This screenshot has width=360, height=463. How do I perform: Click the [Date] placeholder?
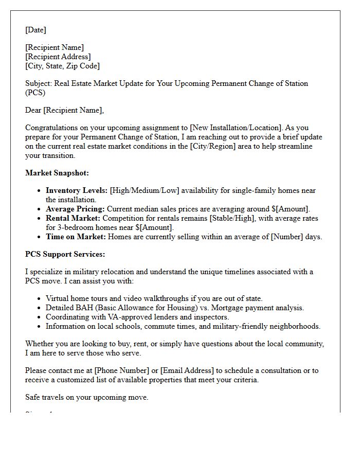[35, 30]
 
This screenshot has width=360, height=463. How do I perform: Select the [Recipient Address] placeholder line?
[58, 57]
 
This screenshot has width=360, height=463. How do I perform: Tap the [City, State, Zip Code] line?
[62, 66]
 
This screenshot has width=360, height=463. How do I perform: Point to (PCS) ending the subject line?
[35, 93]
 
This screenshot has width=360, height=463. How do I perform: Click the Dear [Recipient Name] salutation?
[64, 110]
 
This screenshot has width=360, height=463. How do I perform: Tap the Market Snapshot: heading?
[57, 173]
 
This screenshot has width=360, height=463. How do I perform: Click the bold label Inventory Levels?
[77, 190]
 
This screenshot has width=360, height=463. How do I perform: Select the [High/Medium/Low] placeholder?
[145, 190]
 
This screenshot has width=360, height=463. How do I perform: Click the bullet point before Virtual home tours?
[40, 298]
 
